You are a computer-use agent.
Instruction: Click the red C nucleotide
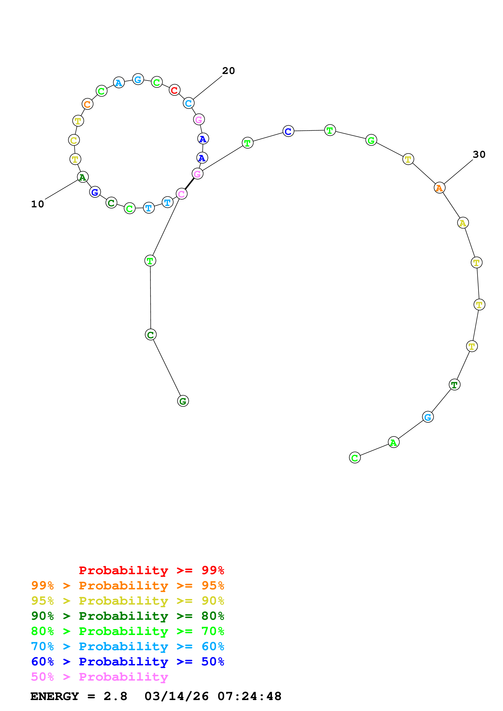pyautogui.click(x=174, y=90)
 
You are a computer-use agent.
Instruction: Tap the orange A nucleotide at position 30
pyautogui.click(x=439, y=188)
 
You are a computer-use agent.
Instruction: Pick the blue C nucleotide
pyautogui.click(x=288, y=131)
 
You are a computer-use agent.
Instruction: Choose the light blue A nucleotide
pyautogui.click(x=119, y=83)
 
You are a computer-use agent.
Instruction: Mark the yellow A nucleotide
pyautogui.click(x=463, y=223)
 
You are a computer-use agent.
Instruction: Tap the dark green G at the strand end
pyautogui.click(x=183, y=401)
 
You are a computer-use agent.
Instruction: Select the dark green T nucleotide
pyautogui.click(x=454, y=385)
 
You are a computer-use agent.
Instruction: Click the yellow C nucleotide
pyautogui.click(x=74, y=140)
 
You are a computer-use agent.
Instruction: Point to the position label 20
pyautogui.click(x=228, y=71)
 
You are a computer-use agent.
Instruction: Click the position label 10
pyautogui.click(x=38, y=204)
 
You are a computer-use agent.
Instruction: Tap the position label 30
pyautogui.click(x=479, y=154)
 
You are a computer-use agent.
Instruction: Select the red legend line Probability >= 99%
pyautogui.click(x=151, y=570)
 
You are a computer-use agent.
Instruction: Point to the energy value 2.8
pyautogui.click(x=115, y=696)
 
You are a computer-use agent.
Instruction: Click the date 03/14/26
pyautogui.click(x=176, y=696)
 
